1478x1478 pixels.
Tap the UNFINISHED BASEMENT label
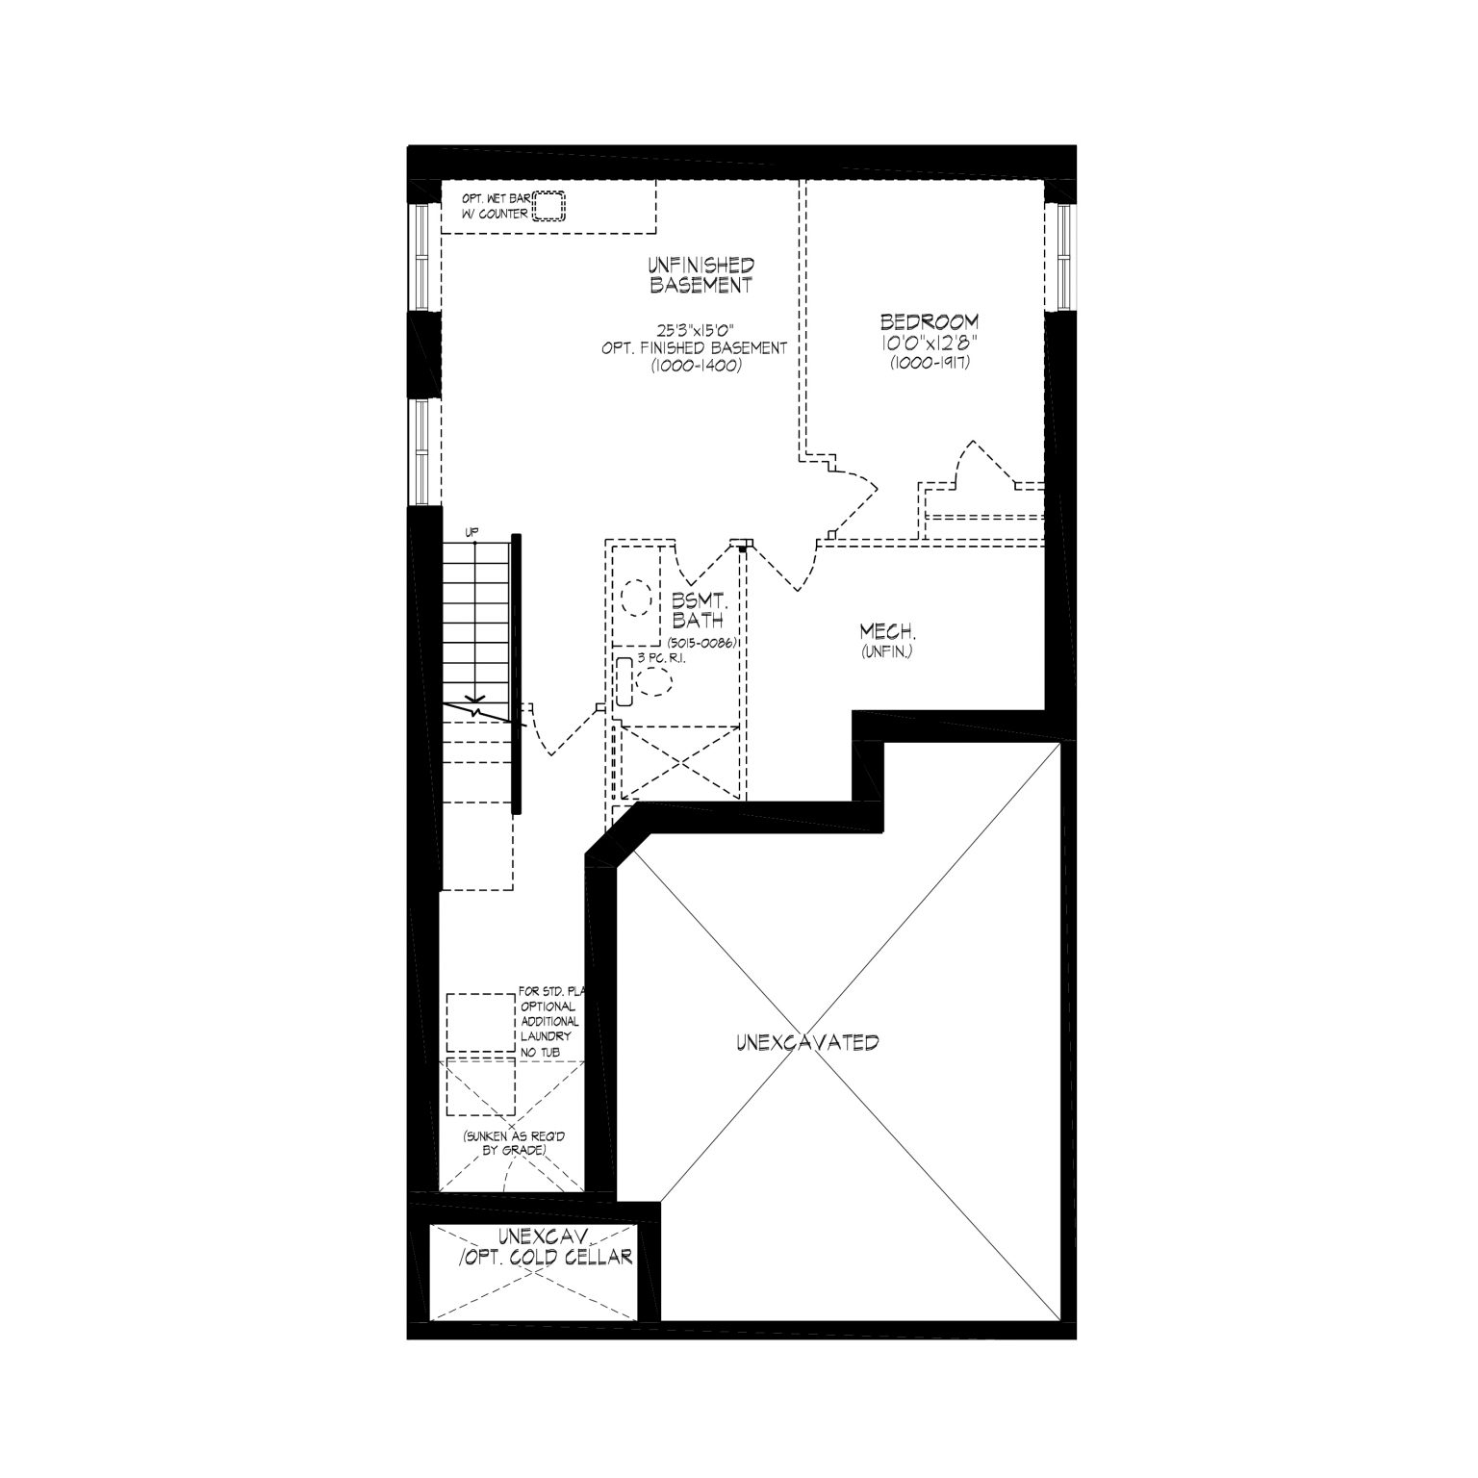(701, 275)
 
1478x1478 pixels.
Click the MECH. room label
(887, 632)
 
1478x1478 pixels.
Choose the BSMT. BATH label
(699, 611)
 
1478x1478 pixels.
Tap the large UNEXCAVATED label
(807, 1042)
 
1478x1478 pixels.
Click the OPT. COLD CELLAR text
(546, 1257)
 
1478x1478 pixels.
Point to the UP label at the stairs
(471, 532)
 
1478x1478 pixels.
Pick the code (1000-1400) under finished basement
(696, 365)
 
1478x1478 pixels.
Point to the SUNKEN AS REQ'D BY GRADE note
(512, 1143)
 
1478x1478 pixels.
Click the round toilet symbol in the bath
(654, 682)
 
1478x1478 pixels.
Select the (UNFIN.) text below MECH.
(886, 652)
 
